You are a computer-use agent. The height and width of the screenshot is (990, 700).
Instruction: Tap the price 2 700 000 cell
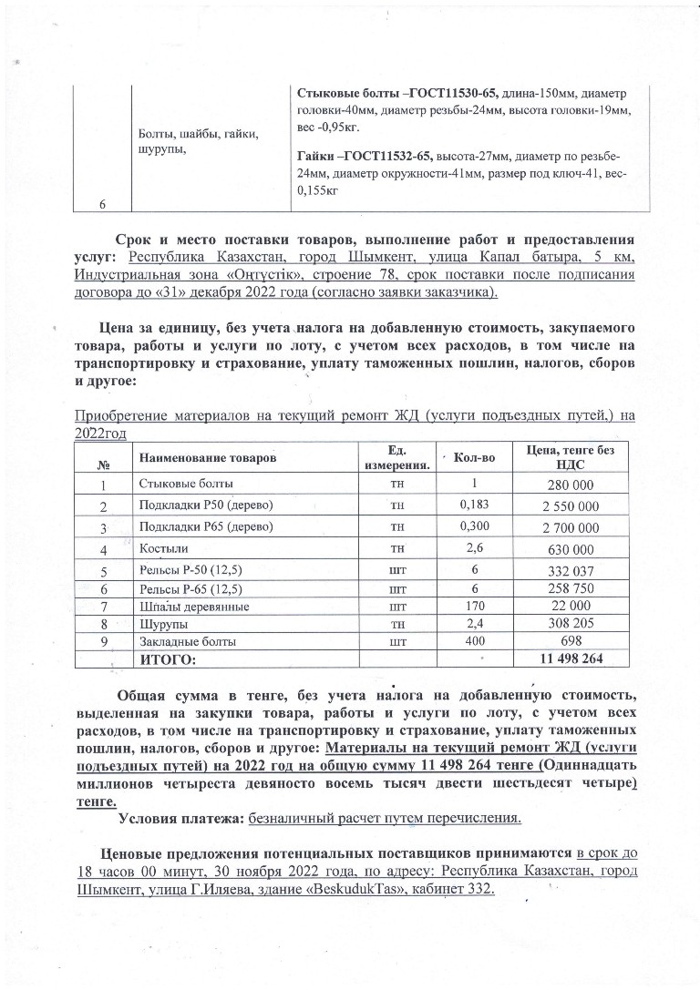tap(571, 528)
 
